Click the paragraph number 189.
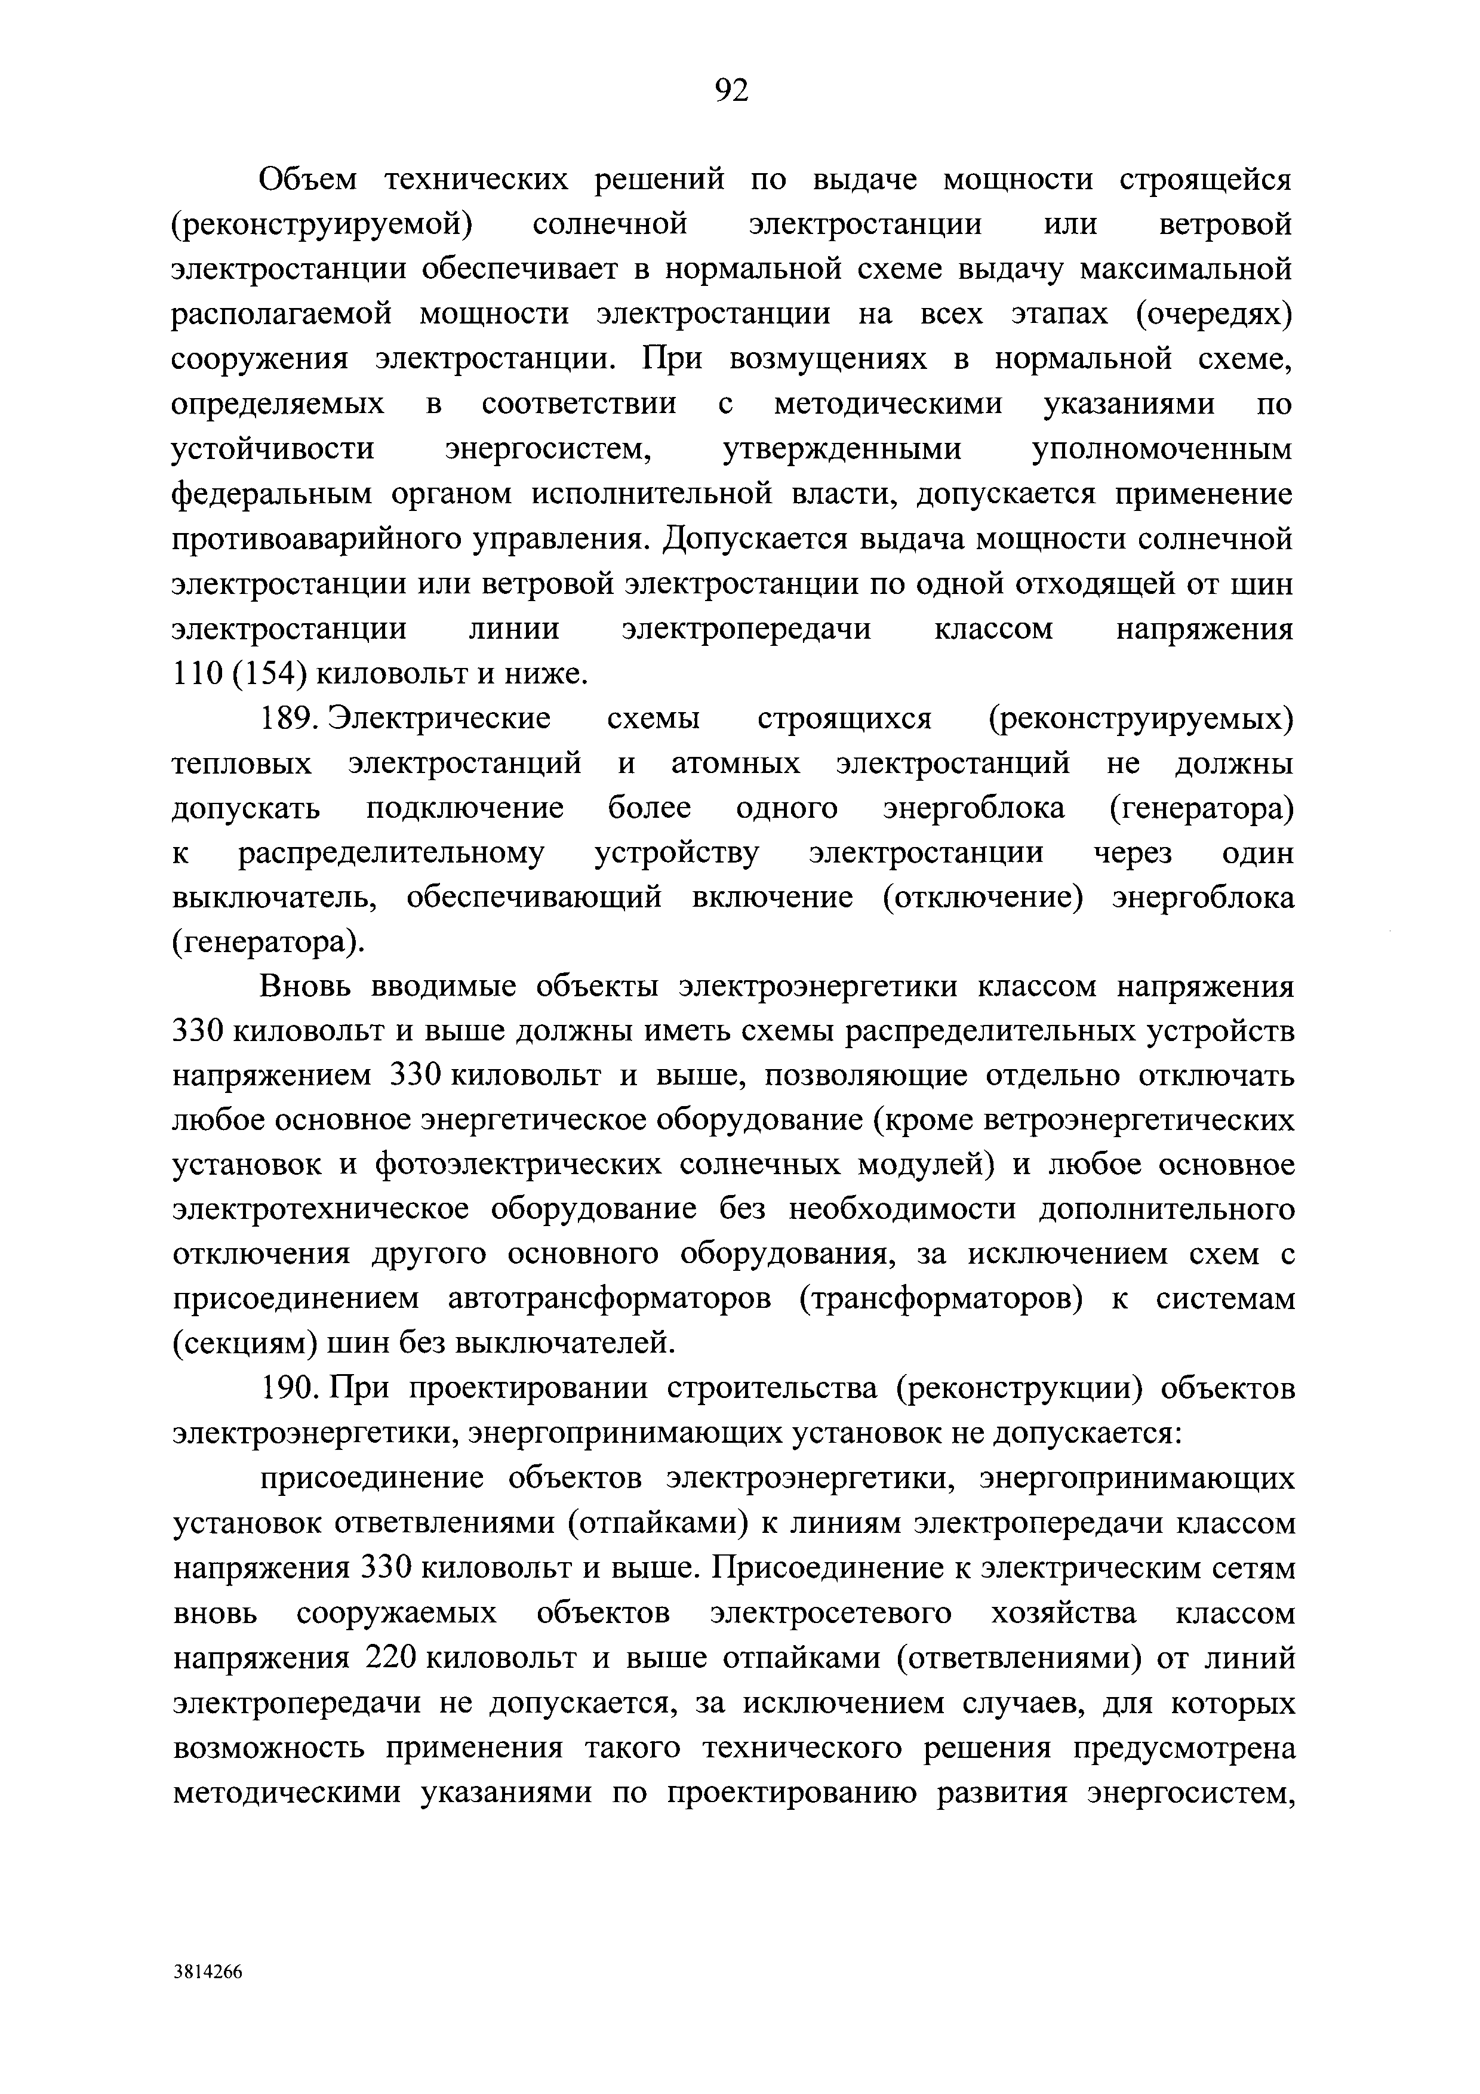288,719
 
